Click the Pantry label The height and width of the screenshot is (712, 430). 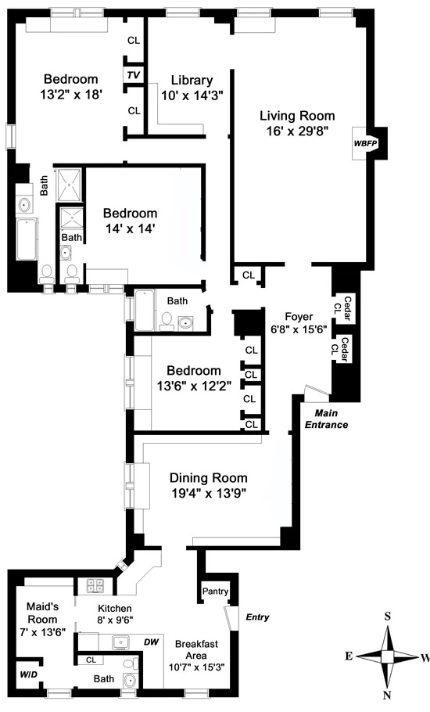(x=214, y=592)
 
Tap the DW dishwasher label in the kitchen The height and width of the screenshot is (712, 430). (x=152, y=641)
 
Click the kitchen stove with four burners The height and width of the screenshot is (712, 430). (x=95, y=586)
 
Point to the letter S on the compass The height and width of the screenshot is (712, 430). (x=388, y=616)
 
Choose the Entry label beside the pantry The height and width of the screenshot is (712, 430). (x=256, y=617)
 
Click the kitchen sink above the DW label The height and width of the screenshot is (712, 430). (x=120, y=643)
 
